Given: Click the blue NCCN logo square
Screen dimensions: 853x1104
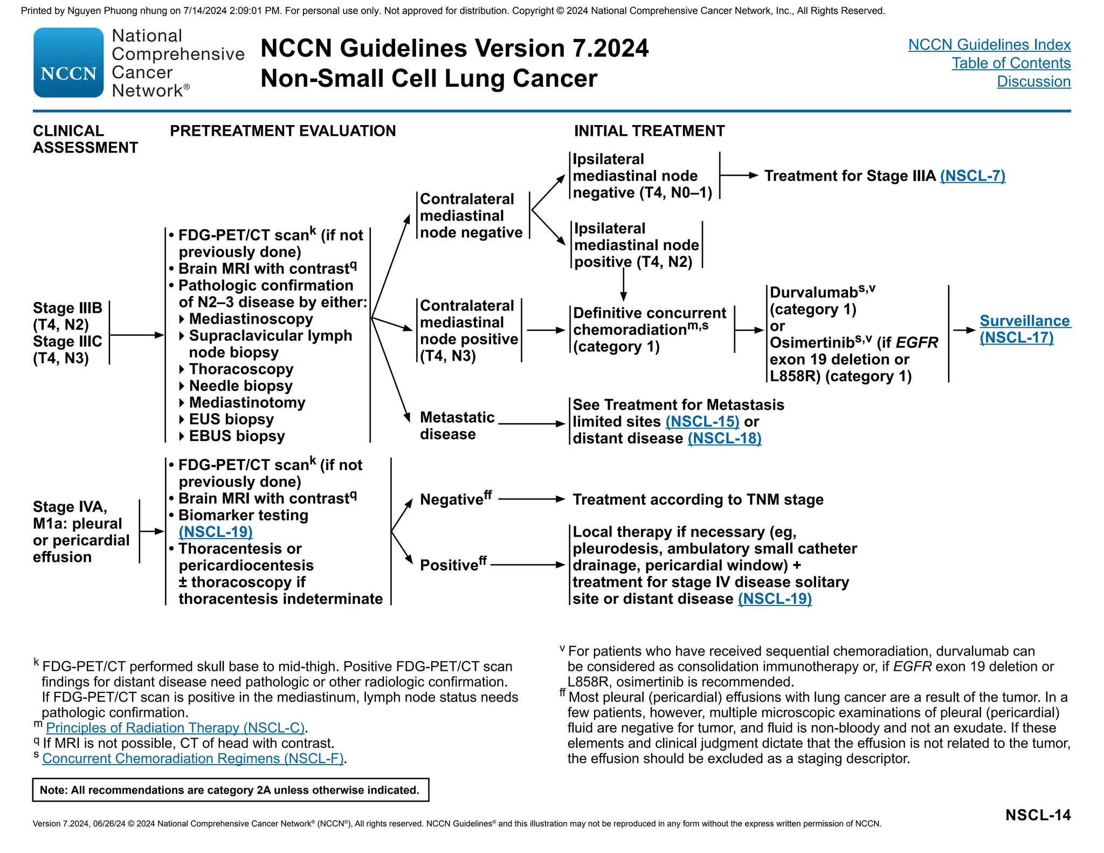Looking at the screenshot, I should pyautogui.click(x=68, y=63).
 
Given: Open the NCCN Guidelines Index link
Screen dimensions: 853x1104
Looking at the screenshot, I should pyautogui.click(x=989, y=45).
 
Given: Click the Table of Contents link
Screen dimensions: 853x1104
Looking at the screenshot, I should pyautogui.click(x=1011, y=63).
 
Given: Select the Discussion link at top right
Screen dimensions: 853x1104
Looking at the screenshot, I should pyautogui.click(x=1033, y=81).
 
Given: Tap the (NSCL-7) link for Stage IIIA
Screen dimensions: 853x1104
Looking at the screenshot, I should pyautogui.click(x=972, y=176).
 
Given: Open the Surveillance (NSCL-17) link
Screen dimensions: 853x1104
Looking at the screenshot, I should pyautogui.click(x=1024, y=329).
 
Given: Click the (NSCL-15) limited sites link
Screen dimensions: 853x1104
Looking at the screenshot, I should pyautogui.click(x=702, y=422).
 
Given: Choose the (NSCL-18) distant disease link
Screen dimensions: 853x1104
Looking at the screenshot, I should pyautogui.click(x=724, y=438).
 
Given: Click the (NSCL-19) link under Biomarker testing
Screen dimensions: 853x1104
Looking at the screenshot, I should pyautogui.click(x=216, y=532).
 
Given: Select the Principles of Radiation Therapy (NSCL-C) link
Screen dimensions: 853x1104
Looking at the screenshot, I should pyautogui.click(x=175, y=727).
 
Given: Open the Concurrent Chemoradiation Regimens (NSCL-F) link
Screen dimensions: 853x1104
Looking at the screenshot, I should pyautogui.click(x=193, y=758).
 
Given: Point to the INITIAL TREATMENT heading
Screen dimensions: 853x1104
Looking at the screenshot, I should pyautogui.click(x=649, y=131).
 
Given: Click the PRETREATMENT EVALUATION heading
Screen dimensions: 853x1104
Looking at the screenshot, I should pyautogui.click(x=282, y=131).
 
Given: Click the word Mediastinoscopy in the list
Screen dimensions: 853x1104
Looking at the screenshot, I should pyautogui.click(x=251, y=319).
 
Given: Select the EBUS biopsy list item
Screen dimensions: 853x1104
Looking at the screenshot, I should pyautogui.click(x=237, y=436).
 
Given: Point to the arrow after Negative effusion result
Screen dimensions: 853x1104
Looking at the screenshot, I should pyautogui.click(x=531, y=499).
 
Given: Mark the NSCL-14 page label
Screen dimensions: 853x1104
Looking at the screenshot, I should pyautogui.click(x=1038, y=815).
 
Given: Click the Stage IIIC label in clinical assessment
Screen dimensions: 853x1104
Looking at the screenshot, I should pyautogui.click(x=67, y=341).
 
